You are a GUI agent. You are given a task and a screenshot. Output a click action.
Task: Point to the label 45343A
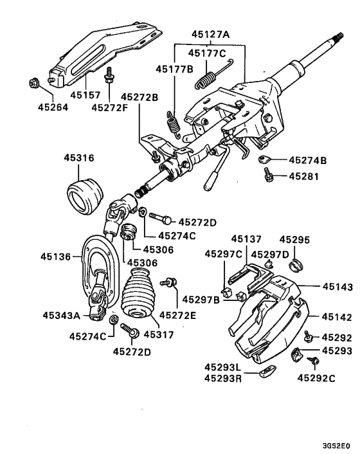coord(61,315)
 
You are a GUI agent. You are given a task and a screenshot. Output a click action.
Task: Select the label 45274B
coord(307,160)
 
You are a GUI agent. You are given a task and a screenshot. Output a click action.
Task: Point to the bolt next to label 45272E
coord(172,281)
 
